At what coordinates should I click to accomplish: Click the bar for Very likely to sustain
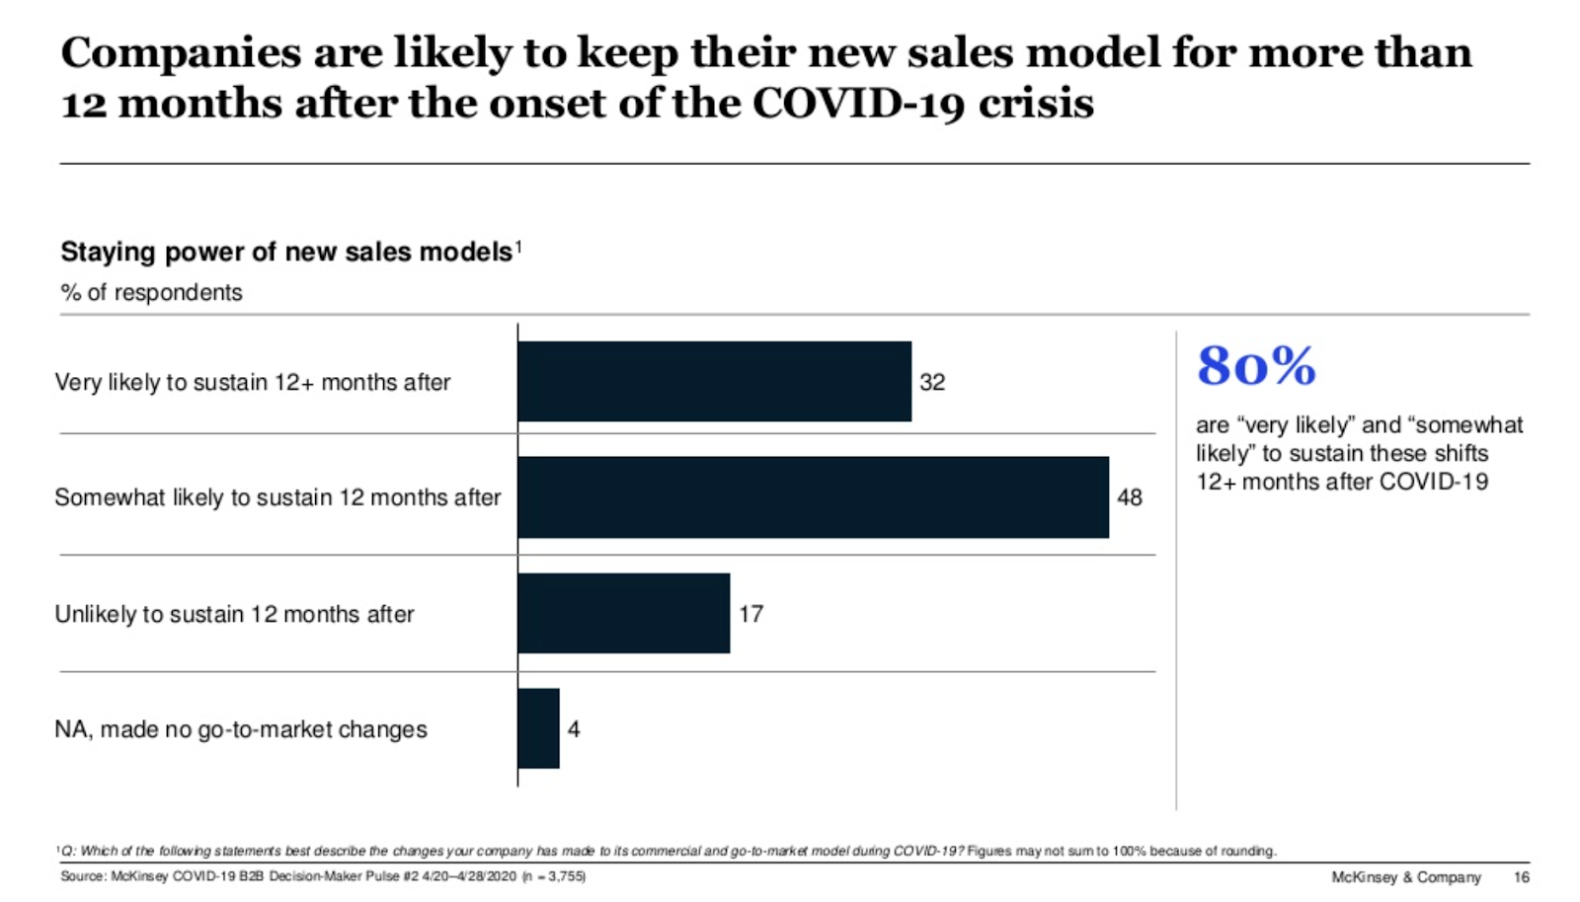pyautogui.click(x=714, y=382)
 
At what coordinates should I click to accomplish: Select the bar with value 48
pyautogui.click(x=813, y=497)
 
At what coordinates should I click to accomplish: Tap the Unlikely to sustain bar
pyautogui.click(x=623, y=613)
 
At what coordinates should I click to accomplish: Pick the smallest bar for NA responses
pyautogui.click(x=538, y=728)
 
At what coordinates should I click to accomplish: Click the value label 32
pyautogui.click(x=932, y=382)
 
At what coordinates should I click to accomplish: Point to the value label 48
pyautogui.click(x=1130, y=497)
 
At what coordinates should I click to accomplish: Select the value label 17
pyautogui.click(x=750, y=614)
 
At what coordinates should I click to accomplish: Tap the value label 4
pyautogui.click(x=574, y=729)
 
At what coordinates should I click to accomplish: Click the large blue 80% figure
pyautogui.click(x=1256, y=366)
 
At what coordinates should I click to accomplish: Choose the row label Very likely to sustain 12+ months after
pyautogui.click(x=253, y=382)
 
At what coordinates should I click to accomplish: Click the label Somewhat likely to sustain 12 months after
pyautogui.click(x=277, y=497)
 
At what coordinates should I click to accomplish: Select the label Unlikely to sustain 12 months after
pyautogui.click(x=234, y=614)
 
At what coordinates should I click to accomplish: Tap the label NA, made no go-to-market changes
pyautogui.click(x=241, y=729)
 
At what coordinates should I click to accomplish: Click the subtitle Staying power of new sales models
pyautogui.click(x=286, y=252)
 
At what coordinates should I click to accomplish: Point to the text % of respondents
pyautogui.click(x=151, y=292)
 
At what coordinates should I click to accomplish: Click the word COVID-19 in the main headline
pyautogui.click(x=858, y=103)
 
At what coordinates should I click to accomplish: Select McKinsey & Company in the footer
pyautogui.click(x=1406, y=877)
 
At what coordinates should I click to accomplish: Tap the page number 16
pyautogui.click(x=1521, y=877)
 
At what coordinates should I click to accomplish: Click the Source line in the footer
pyautogui.click(x=323, y=876)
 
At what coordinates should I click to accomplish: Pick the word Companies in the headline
pyautogui.click(x=181, y=52)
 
